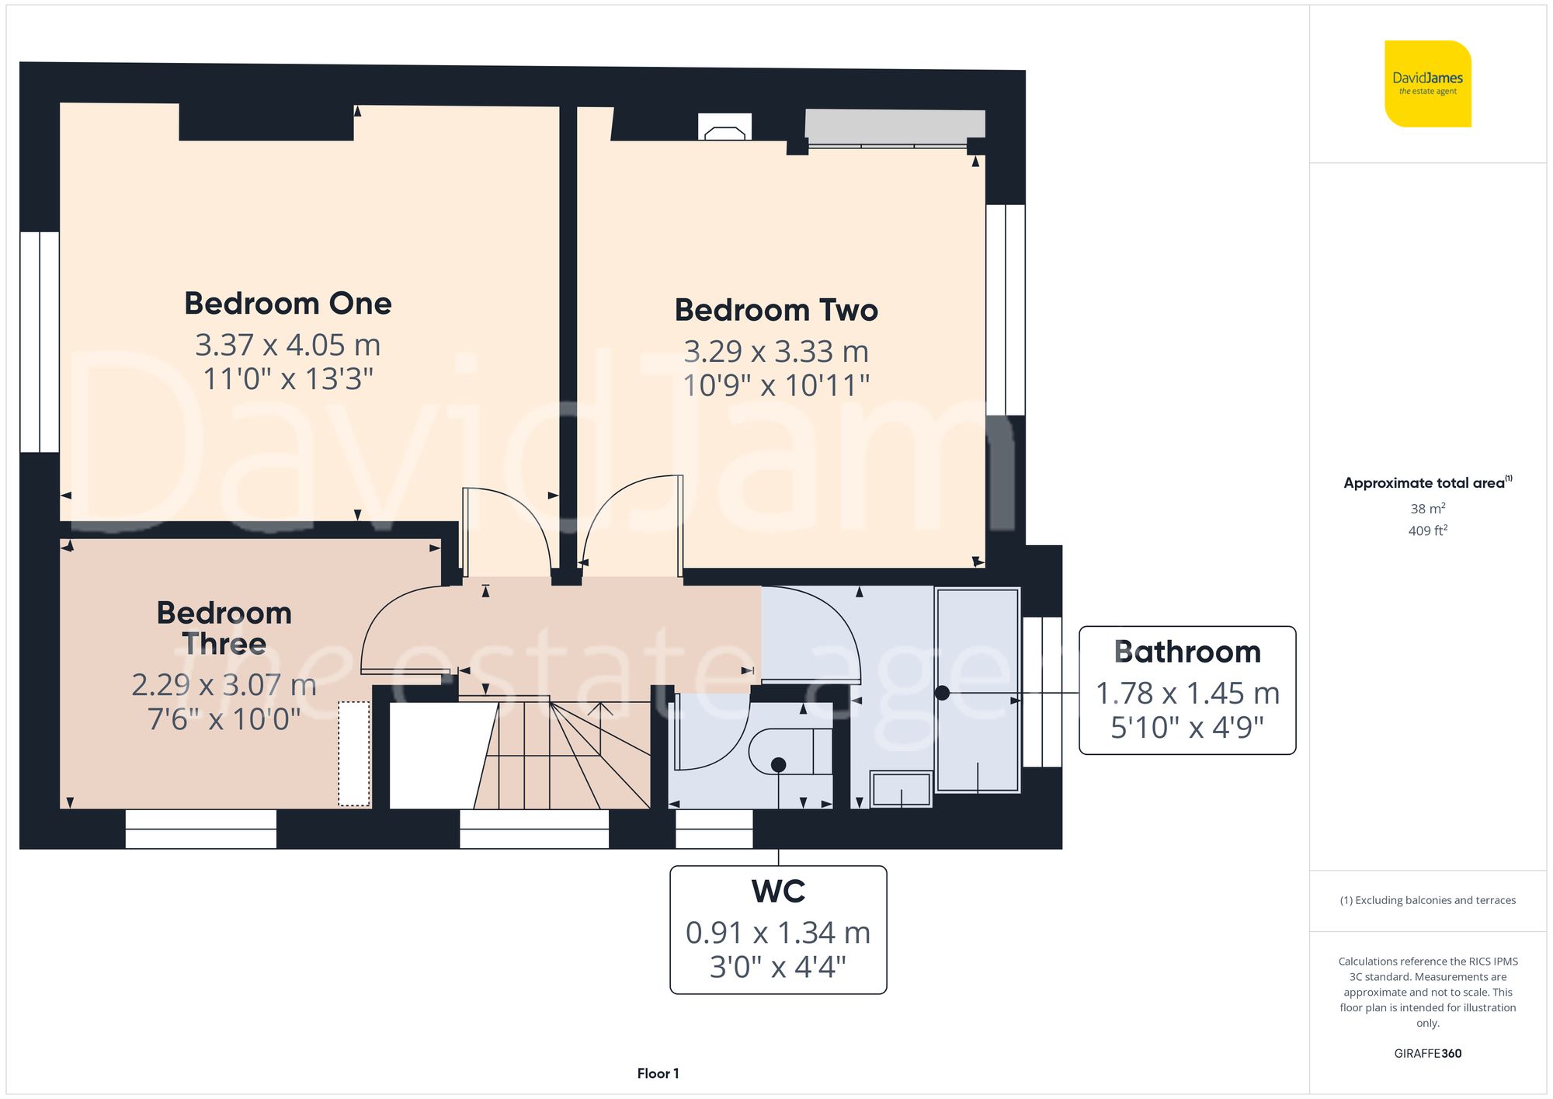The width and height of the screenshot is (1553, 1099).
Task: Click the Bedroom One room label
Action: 288,304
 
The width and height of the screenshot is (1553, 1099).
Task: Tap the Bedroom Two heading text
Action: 776,310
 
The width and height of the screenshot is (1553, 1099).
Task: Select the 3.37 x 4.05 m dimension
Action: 288,345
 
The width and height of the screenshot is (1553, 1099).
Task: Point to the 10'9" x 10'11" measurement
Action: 776,385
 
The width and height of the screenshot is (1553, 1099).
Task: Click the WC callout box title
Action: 778,892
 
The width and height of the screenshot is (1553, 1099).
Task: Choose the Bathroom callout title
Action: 1187,652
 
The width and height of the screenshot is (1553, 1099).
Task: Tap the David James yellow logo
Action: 1428,84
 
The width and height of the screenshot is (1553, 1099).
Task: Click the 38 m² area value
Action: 1428,509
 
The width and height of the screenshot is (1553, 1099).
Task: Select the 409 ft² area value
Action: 1428,530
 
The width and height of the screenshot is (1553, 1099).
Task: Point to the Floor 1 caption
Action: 658,1073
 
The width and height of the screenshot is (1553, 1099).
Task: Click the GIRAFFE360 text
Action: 1428,1054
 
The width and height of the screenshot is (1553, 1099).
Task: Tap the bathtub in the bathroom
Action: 978,690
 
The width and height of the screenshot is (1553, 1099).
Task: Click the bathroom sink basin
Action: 901,789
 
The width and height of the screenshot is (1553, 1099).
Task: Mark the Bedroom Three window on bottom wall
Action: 200,829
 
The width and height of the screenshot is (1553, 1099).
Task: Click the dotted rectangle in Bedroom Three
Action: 354,754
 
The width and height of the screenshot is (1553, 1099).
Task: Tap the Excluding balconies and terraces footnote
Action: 1428,901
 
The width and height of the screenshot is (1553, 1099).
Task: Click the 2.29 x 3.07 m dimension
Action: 224,685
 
